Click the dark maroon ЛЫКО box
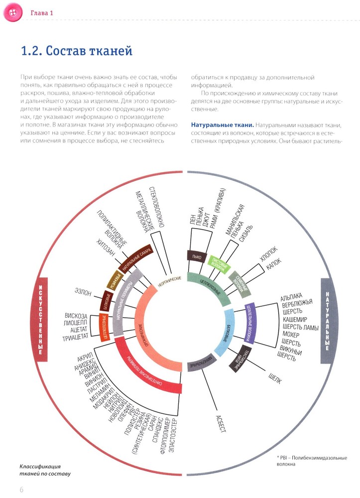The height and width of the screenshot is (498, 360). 194,257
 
